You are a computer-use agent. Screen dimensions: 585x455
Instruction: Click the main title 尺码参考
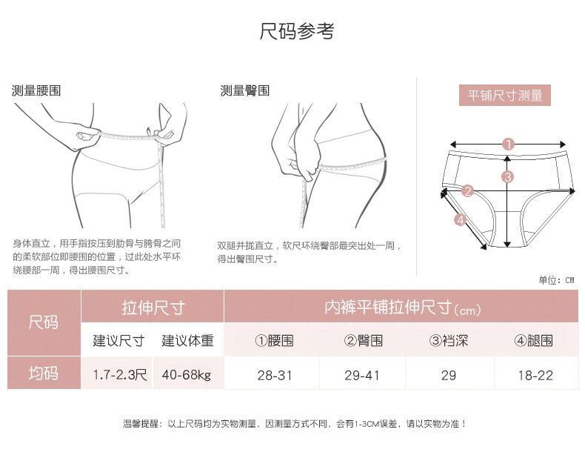(x=297, y=31)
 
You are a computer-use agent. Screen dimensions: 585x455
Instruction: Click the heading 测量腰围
(x=36, y=90)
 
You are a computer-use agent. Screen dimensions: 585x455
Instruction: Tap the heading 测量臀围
(x=245, y=90)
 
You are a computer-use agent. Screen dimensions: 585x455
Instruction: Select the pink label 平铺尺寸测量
(x=505, y=95)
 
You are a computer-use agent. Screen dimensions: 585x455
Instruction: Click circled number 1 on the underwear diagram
(x=508, y=144)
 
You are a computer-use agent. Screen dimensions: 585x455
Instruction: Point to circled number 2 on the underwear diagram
(x=467, y=191)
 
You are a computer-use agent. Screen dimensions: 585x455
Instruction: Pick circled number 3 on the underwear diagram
(x=507, y=176)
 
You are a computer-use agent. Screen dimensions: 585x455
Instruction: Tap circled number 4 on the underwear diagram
(x=461, y=220)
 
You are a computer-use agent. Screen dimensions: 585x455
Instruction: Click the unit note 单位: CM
(x=556, y=280)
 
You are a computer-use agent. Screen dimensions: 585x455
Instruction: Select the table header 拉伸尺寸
(x=153, y=308)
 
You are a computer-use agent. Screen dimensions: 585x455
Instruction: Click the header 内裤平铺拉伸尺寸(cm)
(x=402, y=308)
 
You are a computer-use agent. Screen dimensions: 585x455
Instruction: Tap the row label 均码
(x=43, y=373)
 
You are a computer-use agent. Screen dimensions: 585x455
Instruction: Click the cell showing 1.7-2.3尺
(x=120, y=374)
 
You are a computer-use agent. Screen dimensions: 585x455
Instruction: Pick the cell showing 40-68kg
(x=187, y=374)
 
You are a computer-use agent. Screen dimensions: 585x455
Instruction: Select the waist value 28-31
(x=275, y=375)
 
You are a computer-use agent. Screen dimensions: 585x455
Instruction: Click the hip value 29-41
(x=362, y=375)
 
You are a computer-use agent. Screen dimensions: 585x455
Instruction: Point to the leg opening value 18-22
(x=535, y=375)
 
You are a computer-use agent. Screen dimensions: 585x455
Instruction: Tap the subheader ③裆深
(x=449, y=340)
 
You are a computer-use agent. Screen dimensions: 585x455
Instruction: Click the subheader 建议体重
(x=187, y=340)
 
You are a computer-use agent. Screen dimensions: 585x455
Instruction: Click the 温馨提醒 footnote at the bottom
(x=295, y=424)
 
